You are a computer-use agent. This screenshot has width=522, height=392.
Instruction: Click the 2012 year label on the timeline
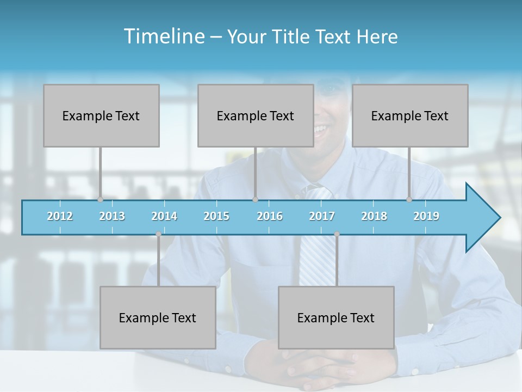click(60, 216)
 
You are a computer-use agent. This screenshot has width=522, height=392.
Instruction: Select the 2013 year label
click(112, 216)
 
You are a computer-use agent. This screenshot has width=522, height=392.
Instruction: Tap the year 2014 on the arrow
click(164, 216)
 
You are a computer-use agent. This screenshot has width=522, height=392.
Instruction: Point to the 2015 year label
click(216, 216)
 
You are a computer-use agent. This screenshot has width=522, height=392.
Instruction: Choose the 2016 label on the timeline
click(270, 216)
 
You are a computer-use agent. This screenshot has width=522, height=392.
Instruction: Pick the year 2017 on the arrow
click(322, 216)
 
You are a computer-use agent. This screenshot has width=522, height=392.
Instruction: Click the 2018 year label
click(374, 216)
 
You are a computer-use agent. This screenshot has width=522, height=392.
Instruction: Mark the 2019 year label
click(426, 216)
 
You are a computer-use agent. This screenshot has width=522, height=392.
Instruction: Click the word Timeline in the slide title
click(163, 36)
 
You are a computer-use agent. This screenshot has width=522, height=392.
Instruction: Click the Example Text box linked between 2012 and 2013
click(101, 115)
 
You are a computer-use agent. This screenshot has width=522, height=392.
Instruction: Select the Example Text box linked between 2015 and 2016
click(256, 115)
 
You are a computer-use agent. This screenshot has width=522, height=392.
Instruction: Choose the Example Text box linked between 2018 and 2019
click(410, 115)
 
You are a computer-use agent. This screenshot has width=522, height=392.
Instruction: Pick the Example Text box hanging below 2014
click(158, 317)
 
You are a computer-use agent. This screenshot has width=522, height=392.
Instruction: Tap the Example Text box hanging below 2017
click(336, 317)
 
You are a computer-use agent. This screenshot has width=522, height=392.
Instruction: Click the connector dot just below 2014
click(158, 234)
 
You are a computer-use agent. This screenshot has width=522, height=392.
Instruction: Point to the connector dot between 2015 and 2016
click(256, 199)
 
